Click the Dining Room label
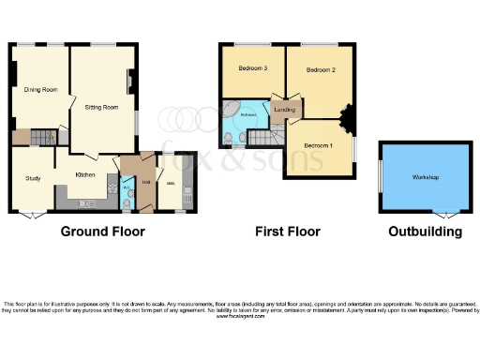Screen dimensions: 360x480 click(x=40, y=89)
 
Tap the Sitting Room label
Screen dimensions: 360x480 click(x=102, y=108)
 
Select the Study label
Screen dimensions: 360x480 click(x=34, y=178)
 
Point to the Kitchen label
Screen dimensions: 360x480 click(x=86, y=174)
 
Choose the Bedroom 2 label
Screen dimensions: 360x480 click(x=320, y=69)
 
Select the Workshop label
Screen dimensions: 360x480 click(x=426, y=177)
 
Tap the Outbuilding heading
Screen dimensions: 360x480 click(x=426, y=231)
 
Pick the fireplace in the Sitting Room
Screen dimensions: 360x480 click(x=131, y=82)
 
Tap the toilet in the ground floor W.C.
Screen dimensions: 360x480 click(x=127, y=200)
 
